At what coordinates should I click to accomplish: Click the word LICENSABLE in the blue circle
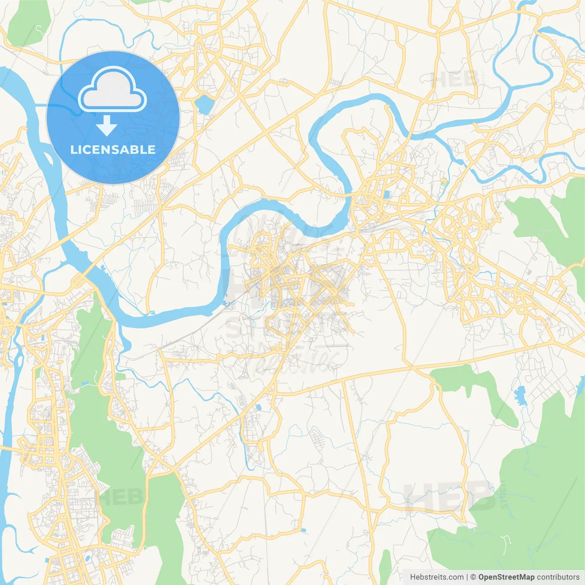[x=113, y=150]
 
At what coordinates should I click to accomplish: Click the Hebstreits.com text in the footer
[x=436, y=577]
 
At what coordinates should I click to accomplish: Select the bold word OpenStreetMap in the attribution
[x=506, y=577]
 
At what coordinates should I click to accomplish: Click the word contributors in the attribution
[x=558, y=577]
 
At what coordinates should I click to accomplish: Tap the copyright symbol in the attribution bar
[x=473, y=577]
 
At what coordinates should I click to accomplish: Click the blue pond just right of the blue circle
[x=204, y=105]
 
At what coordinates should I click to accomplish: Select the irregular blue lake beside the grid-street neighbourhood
[x=520, y=396]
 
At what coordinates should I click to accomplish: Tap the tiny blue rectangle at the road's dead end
[x=303, y=530]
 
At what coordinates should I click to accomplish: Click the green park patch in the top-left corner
[x=28, y=23]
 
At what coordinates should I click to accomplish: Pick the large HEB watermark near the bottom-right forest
[x=450, y=497]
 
